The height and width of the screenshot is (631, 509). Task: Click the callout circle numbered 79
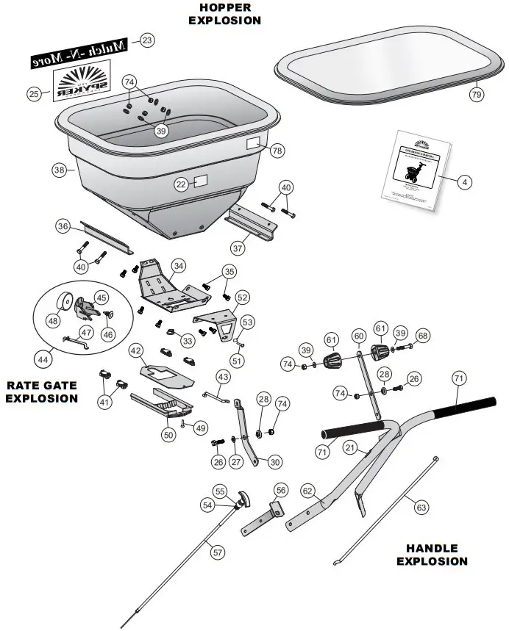pos(476,94)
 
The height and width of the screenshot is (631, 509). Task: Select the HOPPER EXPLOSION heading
pos(224,14)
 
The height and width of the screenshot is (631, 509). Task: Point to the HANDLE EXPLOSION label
pos(432,555)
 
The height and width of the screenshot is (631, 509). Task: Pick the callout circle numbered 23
pos(147,40)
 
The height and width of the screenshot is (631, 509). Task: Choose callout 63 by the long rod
pos(421,506)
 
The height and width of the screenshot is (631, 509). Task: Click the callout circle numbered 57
pos(218,551)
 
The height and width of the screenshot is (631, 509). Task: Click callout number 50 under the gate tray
pos(169,434)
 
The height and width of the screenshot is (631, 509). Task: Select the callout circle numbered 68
pos(421,336)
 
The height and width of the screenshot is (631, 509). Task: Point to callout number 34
pos(179,265)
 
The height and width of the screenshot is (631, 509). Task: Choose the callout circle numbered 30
pos(275,462)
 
